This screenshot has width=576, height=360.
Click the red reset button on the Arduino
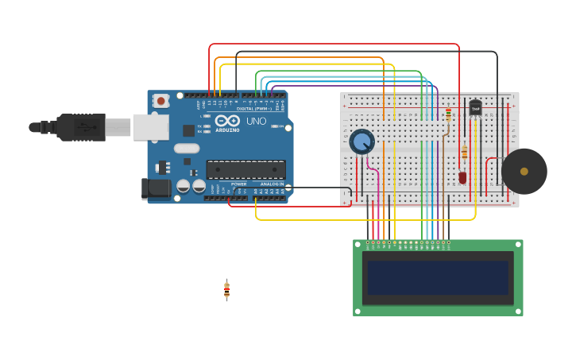tap(161, 101)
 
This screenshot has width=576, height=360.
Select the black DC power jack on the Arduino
tap(155, 188)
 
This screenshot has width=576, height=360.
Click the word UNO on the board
tap(256, 122)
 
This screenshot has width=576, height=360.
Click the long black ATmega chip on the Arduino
tap(245, 169)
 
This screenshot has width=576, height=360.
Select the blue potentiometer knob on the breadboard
tap(361, 142)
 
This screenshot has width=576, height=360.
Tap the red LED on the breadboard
tap(462, 177)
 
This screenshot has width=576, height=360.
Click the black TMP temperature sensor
tap(475, 107)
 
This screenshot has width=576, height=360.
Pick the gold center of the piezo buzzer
tap(524, 171)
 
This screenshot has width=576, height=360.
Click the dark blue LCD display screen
tap(438, 277)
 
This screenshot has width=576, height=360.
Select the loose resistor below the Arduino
tap(226, 290)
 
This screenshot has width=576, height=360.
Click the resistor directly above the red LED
tap(464, 153)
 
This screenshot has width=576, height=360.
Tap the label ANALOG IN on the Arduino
tap(271, 184)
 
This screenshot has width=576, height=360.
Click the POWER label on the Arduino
tap(238, 184)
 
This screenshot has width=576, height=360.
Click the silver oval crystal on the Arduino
tap(187, 148)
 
